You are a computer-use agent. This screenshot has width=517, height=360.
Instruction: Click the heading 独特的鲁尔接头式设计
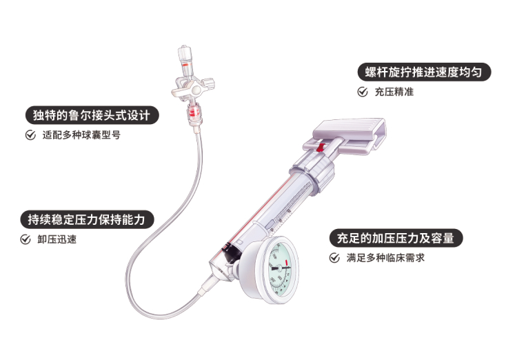tap(92, 115)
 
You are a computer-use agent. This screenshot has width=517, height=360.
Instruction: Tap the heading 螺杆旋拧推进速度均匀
tap(424, 72)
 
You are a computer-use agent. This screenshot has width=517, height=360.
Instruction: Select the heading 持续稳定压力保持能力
tap(87, 219)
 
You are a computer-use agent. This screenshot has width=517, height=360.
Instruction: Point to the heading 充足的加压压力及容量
tap(396, 238)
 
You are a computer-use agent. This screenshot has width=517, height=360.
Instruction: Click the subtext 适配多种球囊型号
tap(81, 135)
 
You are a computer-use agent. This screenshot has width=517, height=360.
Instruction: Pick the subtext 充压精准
tap(394, 92)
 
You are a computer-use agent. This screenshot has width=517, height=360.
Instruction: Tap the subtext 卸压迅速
tap(57, 239)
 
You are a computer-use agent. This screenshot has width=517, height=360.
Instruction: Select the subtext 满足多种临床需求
tap(385, 258)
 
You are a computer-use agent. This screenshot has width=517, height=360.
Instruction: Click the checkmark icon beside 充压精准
tap(363, 92)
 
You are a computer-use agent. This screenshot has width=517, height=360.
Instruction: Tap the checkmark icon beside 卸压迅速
tap(26, 239)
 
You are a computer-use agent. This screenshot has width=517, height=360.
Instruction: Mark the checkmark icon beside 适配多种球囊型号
tap(30, 135)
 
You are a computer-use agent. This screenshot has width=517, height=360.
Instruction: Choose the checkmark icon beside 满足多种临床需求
tap(334, 258)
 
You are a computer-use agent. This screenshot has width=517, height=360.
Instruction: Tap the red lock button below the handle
tap(319, 147)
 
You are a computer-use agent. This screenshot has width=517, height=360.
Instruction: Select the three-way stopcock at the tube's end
tap(193, 88)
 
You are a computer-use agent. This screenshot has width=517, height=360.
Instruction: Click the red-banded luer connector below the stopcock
tap(194, 113)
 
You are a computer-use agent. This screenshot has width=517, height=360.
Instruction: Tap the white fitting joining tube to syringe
tap(207, 286)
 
